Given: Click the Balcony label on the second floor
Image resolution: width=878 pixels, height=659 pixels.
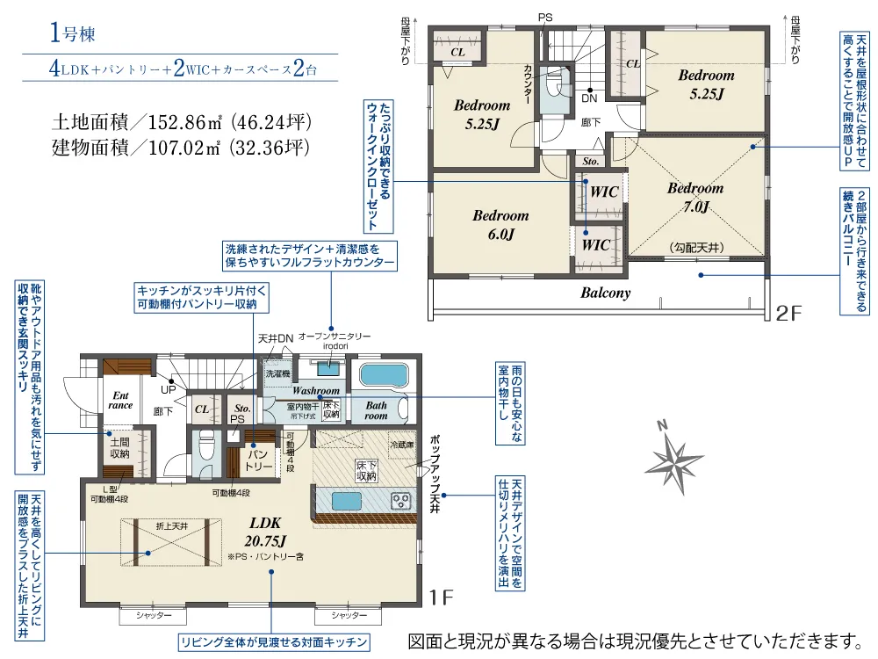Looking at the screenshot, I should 605,293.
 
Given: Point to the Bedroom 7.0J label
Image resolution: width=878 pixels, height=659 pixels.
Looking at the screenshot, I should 694,198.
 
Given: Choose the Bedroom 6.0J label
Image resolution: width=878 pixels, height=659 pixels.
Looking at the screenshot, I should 500,224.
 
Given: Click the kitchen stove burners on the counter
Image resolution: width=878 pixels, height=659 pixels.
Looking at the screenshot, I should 400,501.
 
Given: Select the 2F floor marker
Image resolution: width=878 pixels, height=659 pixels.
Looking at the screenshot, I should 788,312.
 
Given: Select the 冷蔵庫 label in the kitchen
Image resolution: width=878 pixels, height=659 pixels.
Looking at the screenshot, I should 404,445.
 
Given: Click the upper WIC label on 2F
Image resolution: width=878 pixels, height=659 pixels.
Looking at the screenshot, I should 604,192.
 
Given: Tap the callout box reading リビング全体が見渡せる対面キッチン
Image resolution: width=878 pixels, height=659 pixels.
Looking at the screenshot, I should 271,641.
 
